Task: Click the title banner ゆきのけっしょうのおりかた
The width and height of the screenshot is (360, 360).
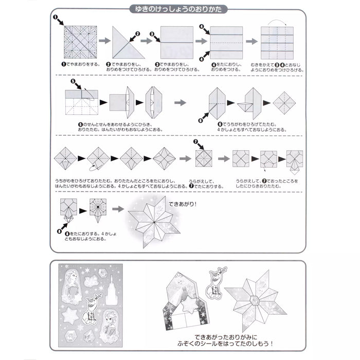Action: (x=179, y=9)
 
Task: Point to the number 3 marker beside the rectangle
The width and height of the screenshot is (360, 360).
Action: (x=152, y=34)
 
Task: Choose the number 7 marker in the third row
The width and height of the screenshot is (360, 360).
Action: (x=195, y=142)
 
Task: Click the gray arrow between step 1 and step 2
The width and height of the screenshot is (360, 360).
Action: (x=103, y=41)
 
